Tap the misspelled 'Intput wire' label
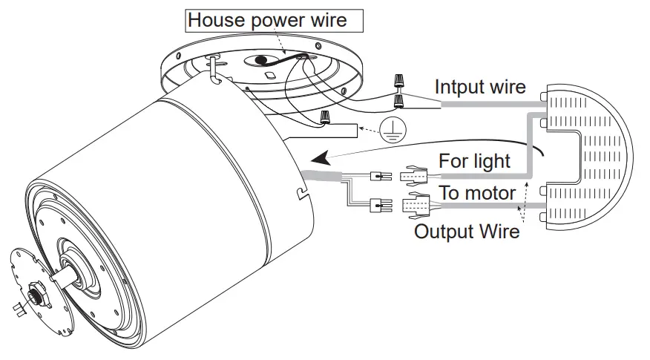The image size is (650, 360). point(480,87)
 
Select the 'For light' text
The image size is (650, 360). point(474,161)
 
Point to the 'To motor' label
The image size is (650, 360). point(477,193)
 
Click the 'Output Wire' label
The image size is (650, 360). point(466,231)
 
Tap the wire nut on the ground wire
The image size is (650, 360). point(324,117)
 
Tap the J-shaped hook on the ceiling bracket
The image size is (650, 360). point(213,68)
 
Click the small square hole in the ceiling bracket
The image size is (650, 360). point(270,74)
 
